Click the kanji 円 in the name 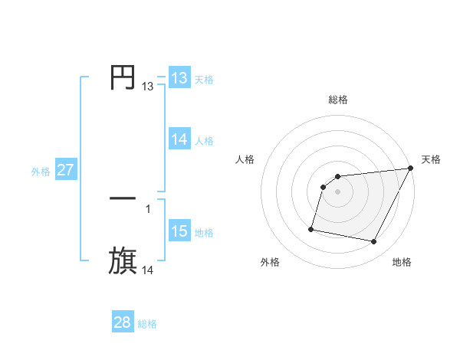pos(123,77)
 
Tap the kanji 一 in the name pos(123,198)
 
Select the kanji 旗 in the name pos(123,261)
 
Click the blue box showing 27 pos(65,170)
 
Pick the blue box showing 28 pos(123,322)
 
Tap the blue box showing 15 pos(179,231)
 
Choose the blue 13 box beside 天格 pos(179,78)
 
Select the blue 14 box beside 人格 pos(179,139)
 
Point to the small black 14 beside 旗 pos(148,270)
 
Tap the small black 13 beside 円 pos(148,87)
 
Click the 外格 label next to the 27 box pos(41,172)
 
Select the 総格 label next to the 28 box pos(147,324)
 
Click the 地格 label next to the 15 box pos(204,233)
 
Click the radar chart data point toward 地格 pos(374,242)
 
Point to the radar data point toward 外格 pos(311,228)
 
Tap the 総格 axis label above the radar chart pos(338,100)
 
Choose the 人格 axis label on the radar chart pos(245,159)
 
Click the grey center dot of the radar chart pos(338,191)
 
